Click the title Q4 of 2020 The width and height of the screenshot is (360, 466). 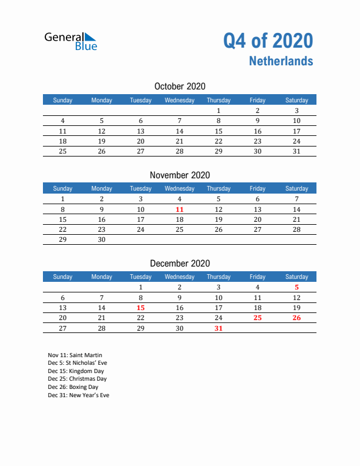[268, 41]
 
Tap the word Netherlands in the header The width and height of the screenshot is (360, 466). [281, 61]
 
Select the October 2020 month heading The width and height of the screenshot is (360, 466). [179, 86]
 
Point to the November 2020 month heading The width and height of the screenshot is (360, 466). [179, 175]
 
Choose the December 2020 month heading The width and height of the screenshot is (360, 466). [179, 264]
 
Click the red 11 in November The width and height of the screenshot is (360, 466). [179, 209]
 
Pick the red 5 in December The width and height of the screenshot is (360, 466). [296, 288]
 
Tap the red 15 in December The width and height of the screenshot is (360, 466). [141, 308]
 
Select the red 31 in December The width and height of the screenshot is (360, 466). [218, 328]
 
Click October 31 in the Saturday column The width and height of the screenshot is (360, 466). [296, 151]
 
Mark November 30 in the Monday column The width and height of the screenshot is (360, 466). [102, 239]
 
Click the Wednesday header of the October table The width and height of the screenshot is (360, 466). [179, 100]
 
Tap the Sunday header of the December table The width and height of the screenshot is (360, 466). [63, 277]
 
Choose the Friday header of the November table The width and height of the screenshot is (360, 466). [257, 188]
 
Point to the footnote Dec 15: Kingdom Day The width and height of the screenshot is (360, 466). [76, 371]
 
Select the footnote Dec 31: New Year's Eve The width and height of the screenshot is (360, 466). [78, 395]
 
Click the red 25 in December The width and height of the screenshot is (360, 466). [257, 318]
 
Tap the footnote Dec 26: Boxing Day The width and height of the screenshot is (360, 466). [73, 387]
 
